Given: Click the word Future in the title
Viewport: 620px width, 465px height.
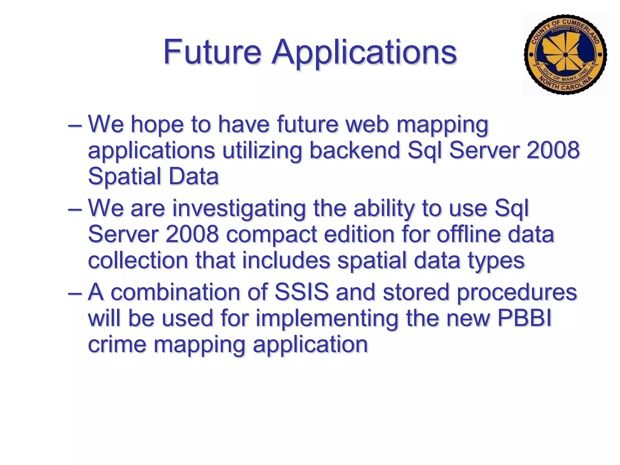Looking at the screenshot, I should click(x=212, y=52).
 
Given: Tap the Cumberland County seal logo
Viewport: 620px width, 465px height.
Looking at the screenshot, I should click(x=565, y=55).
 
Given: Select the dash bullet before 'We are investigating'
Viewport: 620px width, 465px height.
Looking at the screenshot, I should click(x=75, y=209).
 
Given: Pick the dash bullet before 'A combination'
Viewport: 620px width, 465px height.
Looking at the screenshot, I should click(x=75, y=293).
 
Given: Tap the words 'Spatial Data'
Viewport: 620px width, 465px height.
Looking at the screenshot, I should click(x=153, y=176).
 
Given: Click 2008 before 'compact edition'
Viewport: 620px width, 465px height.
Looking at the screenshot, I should click(x=192, y=235).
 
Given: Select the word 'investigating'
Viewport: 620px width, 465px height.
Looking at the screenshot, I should click(x=239, y=209).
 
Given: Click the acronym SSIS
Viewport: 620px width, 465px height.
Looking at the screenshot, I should click(x=301, y=292).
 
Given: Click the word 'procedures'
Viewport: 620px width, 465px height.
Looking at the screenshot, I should click(x=516, y=293).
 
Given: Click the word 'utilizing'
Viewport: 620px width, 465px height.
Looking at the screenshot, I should click(x=262, y=150).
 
